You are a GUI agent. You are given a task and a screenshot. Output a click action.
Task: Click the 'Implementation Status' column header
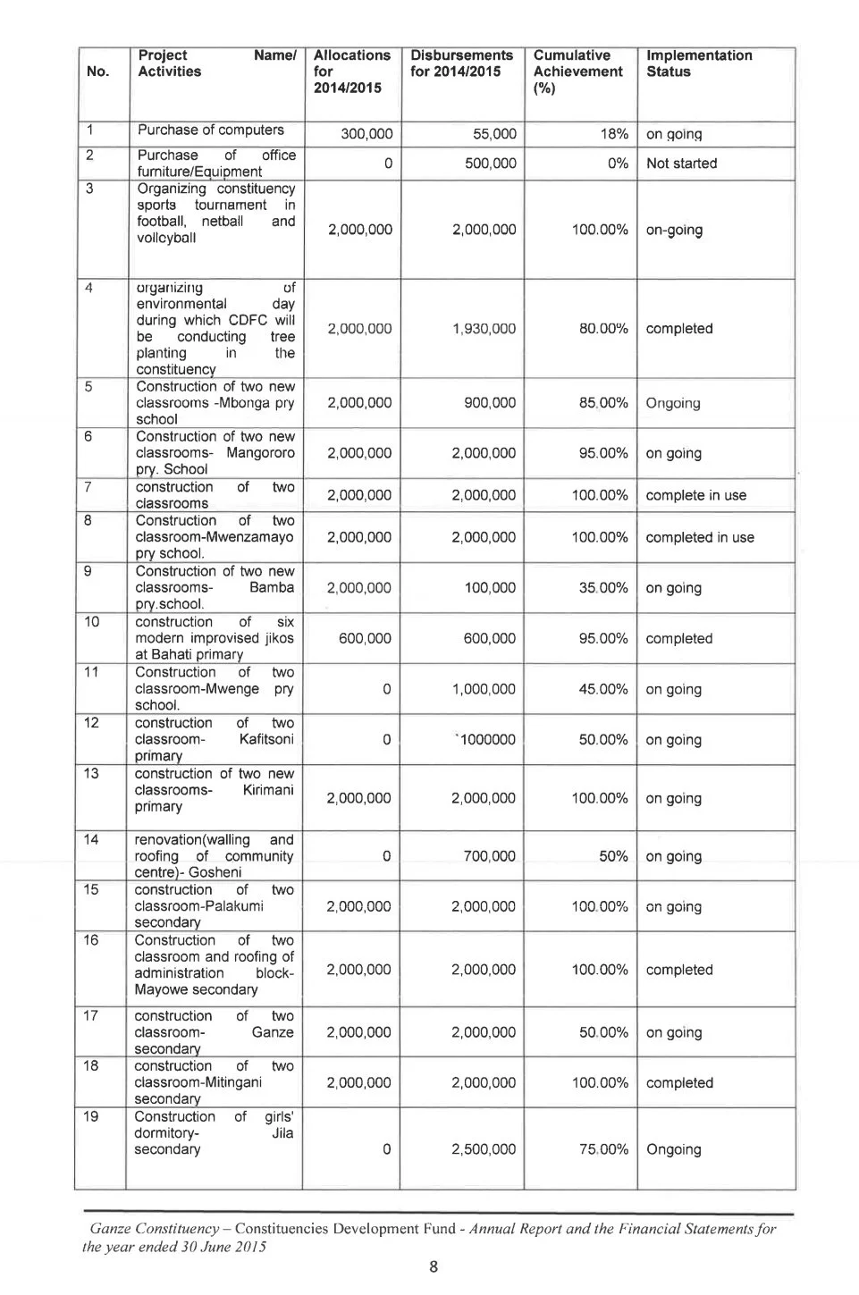pyautogui.click(x=698, y=63)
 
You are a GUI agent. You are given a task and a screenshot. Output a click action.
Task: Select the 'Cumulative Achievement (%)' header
pyautogui.click(x=577, y=71)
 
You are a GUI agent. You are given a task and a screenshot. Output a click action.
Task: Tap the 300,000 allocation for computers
pyautogui.click(x=366, y=135)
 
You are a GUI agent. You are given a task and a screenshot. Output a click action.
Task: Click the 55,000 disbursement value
pyautogui.click(x=494, y=135)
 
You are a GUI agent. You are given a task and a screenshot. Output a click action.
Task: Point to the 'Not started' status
pyautogui.click(x=681, y=164)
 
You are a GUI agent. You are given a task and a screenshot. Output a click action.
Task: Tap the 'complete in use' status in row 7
pyautogui.click(x=695, y=495)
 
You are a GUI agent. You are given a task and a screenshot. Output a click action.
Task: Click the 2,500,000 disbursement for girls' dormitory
pyautogui.click(x=483, y=1149)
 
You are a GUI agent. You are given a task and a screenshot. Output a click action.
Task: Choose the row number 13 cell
pyautogui.click(x=91, y=774)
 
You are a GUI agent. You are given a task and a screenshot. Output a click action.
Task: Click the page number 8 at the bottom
pyautogui.click(x=433, y=1266)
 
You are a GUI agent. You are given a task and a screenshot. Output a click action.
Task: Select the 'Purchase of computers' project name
pyautogui.click(x=210, y=130)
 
